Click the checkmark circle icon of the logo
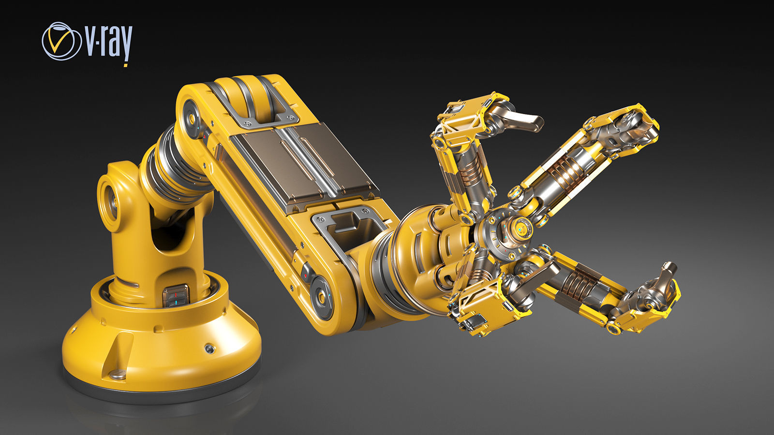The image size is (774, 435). click(61, 41)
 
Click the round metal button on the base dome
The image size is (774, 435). click(209, 348)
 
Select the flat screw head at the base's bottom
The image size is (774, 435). click(118, 373)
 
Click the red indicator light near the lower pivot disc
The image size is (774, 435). click(305, 276)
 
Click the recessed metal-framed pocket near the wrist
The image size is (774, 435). click(349, 227)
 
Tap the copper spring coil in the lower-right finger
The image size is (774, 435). click(578, 283)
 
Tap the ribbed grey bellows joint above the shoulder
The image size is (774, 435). click(169, 164)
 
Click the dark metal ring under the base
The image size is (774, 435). click(160, 394)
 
